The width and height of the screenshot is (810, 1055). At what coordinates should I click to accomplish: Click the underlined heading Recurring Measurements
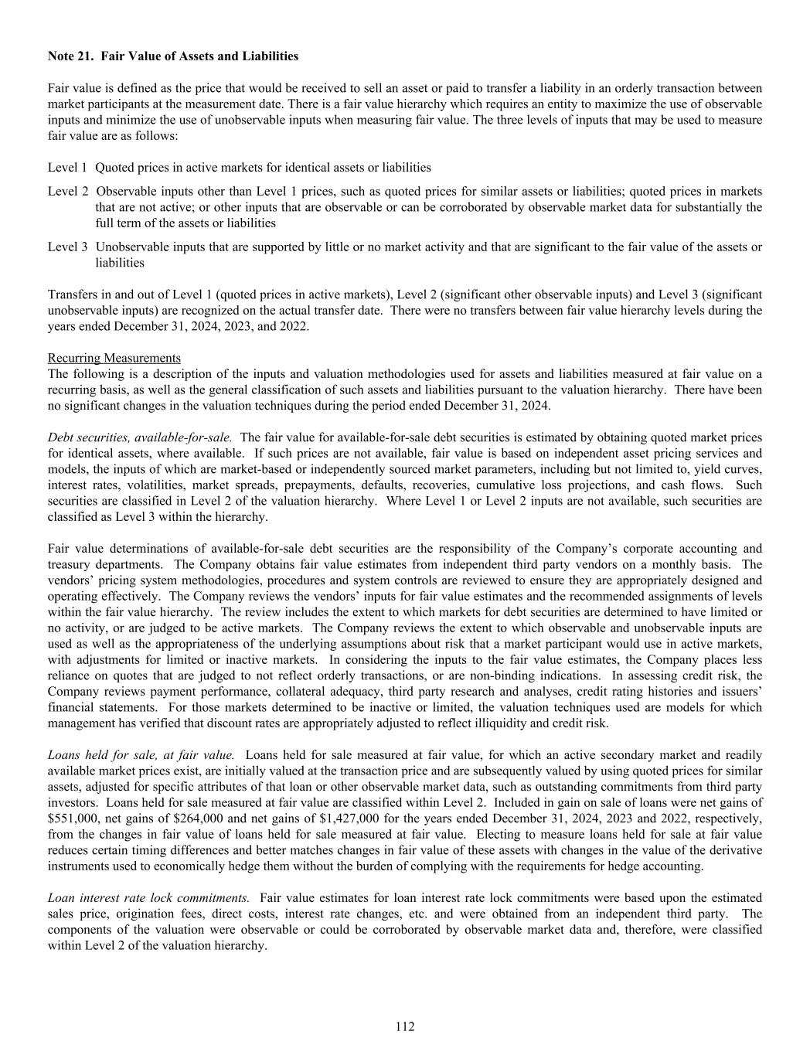click(x=114, y=358)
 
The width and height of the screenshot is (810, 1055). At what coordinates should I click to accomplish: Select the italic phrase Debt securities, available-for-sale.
click(x=140, y=437)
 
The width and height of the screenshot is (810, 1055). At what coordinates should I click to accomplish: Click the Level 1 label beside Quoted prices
click(x=67, y=167)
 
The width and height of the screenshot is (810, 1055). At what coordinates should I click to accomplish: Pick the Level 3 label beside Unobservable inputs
click(x=67, y=247)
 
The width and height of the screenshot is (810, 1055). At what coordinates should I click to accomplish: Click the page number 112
click(x=405, y=1026)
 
